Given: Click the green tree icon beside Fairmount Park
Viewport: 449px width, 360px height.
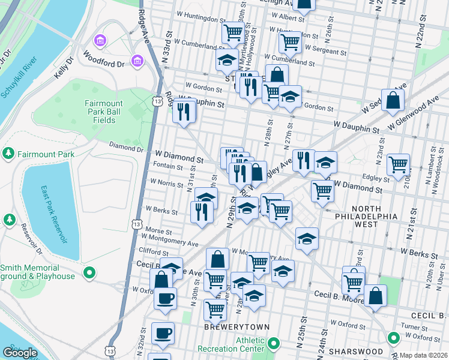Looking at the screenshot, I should (8, 154).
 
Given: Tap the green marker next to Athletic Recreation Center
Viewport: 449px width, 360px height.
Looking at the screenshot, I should (274, 344).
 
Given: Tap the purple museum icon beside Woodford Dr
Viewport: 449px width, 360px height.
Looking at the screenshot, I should (138, 61).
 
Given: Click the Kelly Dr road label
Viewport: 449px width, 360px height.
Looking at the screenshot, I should (62, 67).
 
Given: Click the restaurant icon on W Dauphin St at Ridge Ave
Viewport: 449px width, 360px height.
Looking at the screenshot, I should (184, 111).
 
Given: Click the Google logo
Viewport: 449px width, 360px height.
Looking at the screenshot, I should (20, 352).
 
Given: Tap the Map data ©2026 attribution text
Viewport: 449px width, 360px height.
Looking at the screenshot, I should (424, 355).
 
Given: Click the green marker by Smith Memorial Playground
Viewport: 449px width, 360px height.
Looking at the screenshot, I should (89, 274).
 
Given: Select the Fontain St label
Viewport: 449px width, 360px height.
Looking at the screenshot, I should (167, 166).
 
